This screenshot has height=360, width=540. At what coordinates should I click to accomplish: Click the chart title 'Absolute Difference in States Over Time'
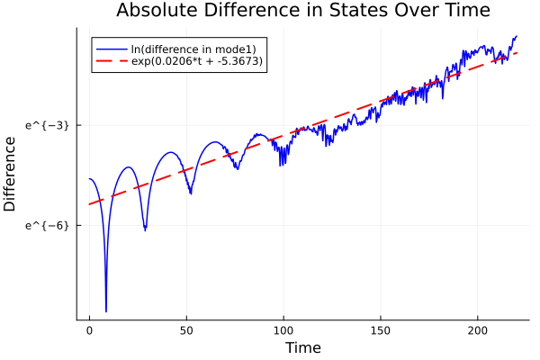click(x=302, y=11)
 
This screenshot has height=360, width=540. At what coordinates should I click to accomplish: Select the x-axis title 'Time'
click(x=302, y=347)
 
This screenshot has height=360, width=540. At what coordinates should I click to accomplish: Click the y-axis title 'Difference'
click(x=11, y=174)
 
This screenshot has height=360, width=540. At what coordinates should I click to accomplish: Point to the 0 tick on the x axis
click(x=89, y=330)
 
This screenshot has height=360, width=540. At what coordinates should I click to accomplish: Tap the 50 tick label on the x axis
click(x=186, y=330)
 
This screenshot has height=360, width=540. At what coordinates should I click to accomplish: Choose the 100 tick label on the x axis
click(x=283, y=330)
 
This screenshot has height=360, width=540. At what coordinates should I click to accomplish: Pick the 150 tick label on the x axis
click(x=381, y=330)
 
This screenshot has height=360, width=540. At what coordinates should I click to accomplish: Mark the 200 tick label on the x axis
click(x=478, y=330)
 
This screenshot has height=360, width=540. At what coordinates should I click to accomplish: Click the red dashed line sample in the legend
click(x=112, y=61)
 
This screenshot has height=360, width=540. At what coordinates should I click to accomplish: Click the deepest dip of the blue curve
click(x=106, y=311)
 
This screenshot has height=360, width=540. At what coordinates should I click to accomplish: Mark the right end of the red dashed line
click(x=517, y=52)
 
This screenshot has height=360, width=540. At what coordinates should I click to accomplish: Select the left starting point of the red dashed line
click(x=89, y=204)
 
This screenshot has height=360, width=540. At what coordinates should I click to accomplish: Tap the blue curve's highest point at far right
click(x=517, y=36)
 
